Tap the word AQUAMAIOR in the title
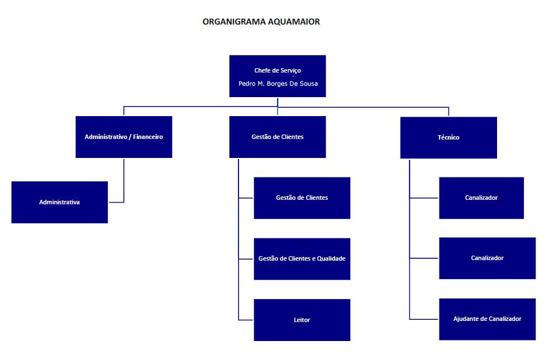290,22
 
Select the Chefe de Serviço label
278,70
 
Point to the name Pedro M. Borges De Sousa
278,84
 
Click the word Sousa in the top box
309,84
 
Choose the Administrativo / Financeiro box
124,137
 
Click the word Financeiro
148,137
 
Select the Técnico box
448,137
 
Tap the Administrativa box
60,202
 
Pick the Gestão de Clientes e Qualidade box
302,259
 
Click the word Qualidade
331,258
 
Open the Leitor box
302,320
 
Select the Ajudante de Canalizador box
488,319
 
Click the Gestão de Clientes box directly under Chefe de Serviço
278,137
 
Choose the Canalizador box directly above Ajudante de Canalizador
488,258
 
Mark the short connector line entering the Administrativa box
116,202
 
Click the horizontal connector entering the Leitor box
245,320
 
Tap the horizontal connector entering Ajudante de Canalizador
424,319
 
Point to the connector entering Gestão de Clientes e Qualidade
245,259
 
